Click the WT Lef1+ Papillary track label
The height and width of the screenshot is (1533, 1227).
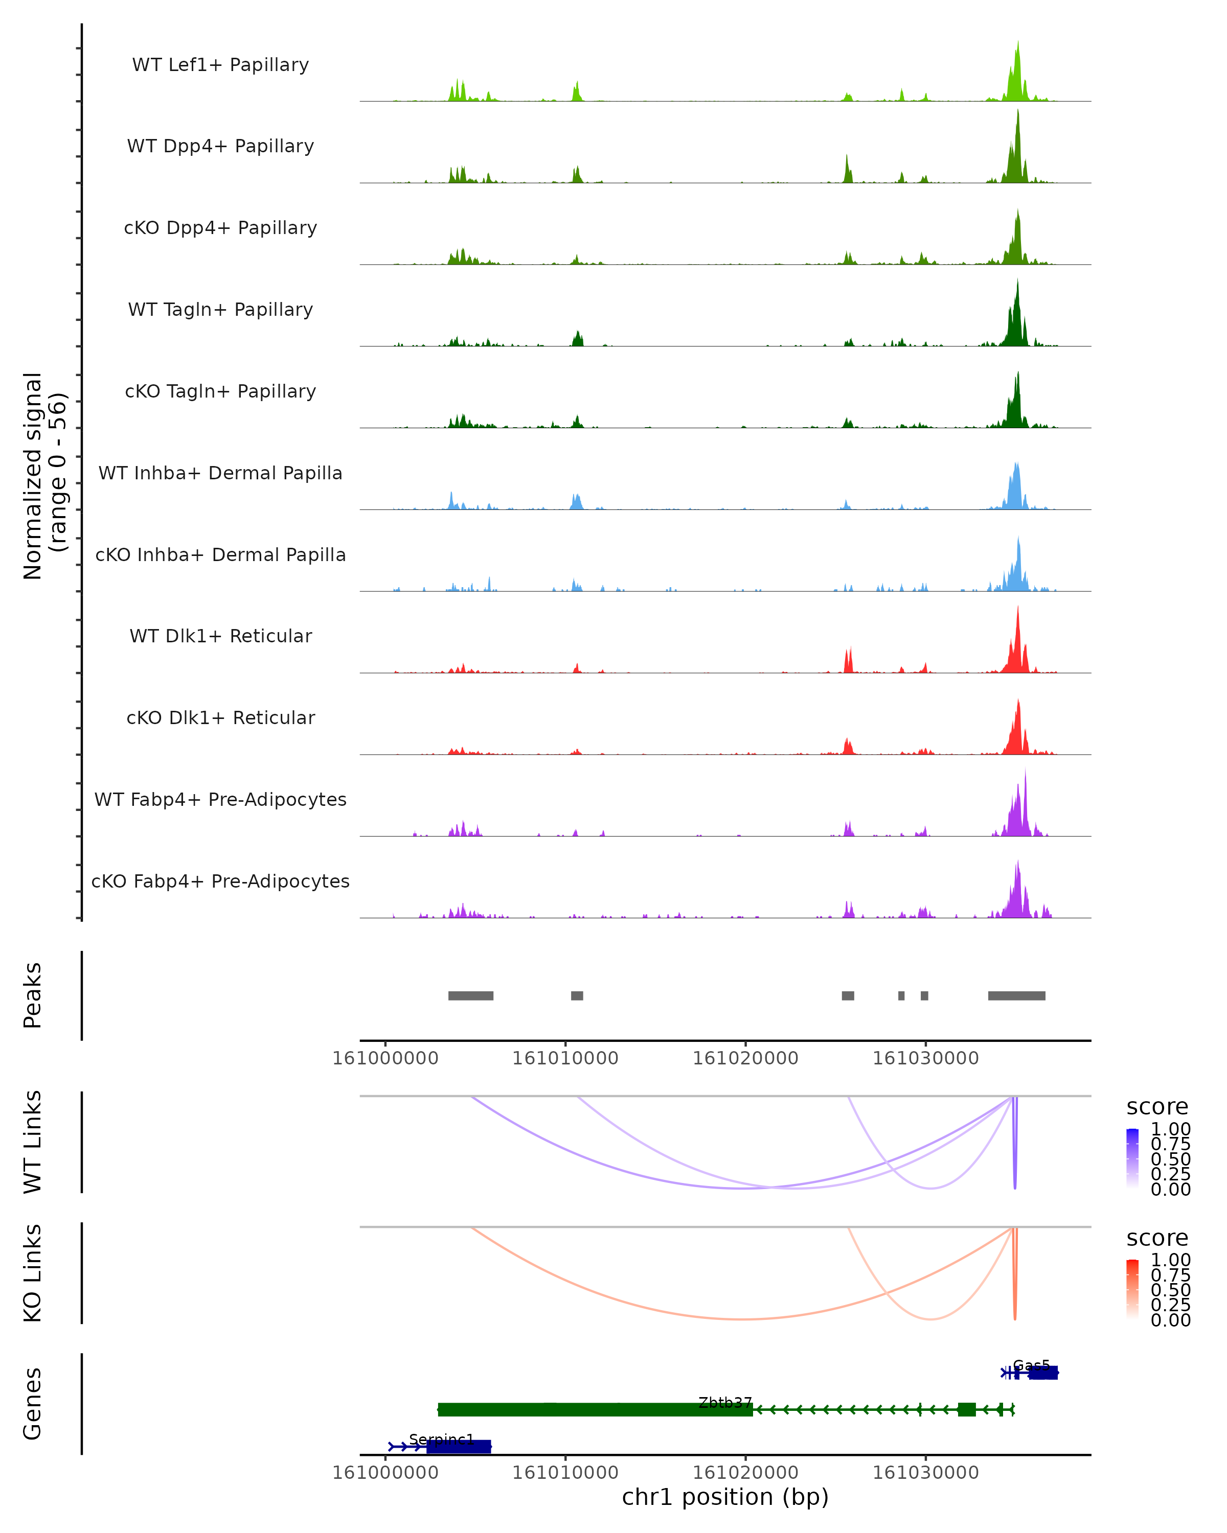click(x=220, y=65)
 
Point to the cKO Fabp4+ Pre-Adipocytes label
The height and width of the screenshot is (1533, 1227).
click(x=220, y=881)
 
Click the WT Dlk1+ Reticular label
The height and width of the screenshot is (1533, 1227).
click(x=220, y=636)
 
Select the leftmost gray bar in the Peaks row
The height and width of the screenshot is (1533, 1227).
click(x=470, y=995)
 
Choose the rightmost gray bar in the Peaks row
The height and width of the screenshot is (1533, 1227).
click(x=1016, y=995)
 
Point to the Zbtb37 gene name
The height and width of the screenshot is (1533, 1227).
click(x=725, y=1402)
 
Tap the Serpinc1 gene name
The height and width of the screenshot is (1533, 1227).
click(x=442, y=1440)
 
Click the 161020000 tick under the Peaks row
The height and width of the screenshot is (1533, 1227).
click(x=745, y=1058)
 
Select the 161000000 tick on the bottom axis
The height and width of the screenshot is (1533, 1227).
click(x=385, y=1473)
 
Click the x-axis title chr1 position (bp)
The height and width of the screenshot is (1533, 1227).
click(x=725, y=1497)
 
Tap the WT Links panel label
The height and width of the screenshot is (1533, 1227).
click(x=33, y=1142)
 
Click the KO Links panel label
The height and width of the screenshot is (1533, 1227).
click(x=33, y=1273)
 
